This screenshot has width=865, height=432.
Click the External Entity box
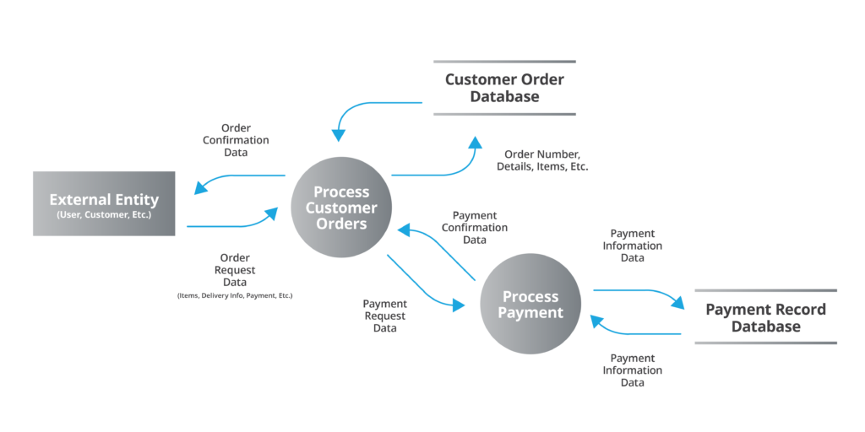pyautogui.click(x=104, y=203)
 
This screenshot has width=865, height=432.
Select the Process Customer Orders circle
pyautogui.click(x=341, y=208)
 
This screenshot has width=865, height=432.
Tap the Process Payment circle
pyautogui.click(x=530, y=304)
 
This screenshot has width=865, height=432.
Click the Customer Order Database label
pyautogui.click(x=504, y=88)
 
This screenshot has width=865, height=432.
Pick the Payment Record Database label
pyautogui.click(x=765, y=317)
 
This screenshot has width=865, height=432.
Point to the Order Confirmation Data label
pyautogui.click(x=236, y=140)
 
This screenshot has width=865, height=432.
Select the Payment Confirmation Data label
pyautogui.click(x=475, y=228)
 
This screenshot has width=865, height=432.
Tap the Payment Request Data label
pyautogui.click(x=384, y=316)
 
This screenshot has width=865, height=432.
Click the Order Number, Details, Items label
pyautogui.click(x=546, y=160)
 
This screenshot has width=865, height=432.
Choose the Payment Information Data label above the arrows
pyautogui.click(x=632, y=246)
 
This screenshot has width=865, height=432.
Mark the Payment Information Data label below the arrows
pyautogui.click(x=632, y=370)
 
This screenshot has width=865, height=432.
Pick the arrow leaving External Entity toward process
pyautogui.click(x=237, y=224)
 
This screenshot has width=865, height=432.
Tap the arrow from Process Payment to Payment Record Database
pyautogui.click(x=642, y=292)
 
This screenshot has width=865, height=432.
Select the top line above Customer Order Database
pyautogui.click(x=504, y=62)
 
